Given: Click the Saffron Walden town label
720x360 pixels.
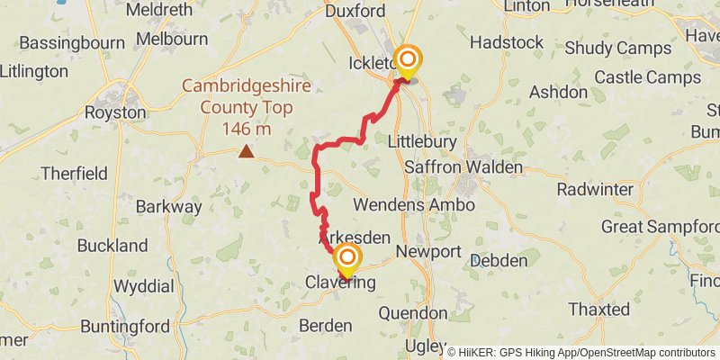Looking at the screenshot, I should (x=463, y=167).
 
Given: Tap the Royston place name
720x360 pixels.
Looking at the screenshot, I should (x=114, y=112).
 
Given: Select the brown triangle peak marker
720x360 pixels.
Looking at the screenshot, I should (x=245, y=152).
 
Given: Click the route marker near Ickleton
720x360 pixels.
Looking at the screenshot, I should (x=408, y=61).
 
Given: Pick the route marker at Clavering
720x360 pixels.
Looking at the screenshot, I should (x=346, y=260).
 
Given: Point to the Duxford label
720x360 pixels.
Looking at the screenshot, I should (x=356, y=11).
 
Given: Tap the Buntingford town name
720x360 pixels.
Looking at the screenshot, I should (x=125, y=326).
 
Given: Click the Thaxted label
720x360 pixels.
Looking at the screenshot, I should (x=599, y=310).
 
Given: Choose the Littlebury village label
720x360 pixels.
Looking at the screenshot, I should (x=422, y=142).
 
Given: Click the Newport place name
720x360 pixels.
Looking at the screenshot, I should (x=428, y=251).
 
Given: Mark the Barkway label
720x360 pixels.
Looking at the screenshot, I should (x=169, y=206).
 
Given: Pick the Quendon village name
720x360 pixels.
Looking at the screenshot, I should (x=413, y=313).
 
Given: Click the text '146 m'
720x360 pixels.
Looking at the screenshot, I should (x=246, y=129).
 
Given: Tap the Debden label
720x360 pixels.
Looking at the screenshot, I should (x=499, y=260).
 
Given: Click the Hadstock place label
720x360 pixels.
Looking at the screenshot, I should (x=507, y=42).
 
